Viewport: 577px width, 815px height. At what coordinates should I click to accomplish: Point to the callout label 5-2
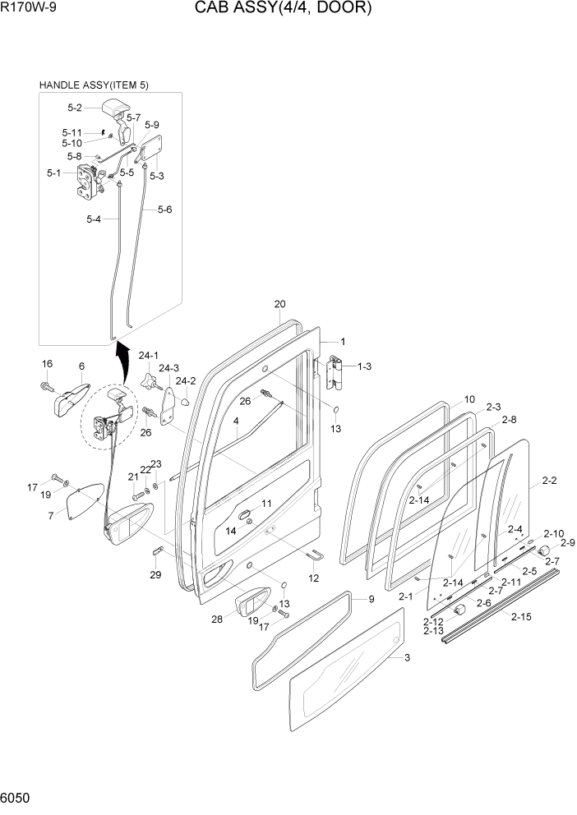(74, 108)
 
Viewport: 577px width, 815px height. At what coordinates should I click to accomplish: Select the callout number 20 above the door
(279, 304)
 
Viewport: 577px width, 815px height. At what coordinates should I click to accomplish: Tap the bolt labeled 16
(47, 383)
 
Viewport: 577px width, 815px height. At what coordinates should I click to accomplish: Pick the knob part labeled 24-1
(150, 382)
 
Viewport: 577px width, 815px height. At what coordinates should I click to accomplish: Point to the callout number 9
(371, 599)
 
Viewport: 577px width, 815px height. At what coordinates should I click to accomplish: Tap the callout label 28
(217, 619)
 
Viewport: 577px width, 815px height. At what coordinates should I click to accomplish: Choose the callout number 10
(469, 399)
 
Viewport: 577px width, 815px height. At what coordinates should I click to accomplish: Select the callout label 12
(313, 578)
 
